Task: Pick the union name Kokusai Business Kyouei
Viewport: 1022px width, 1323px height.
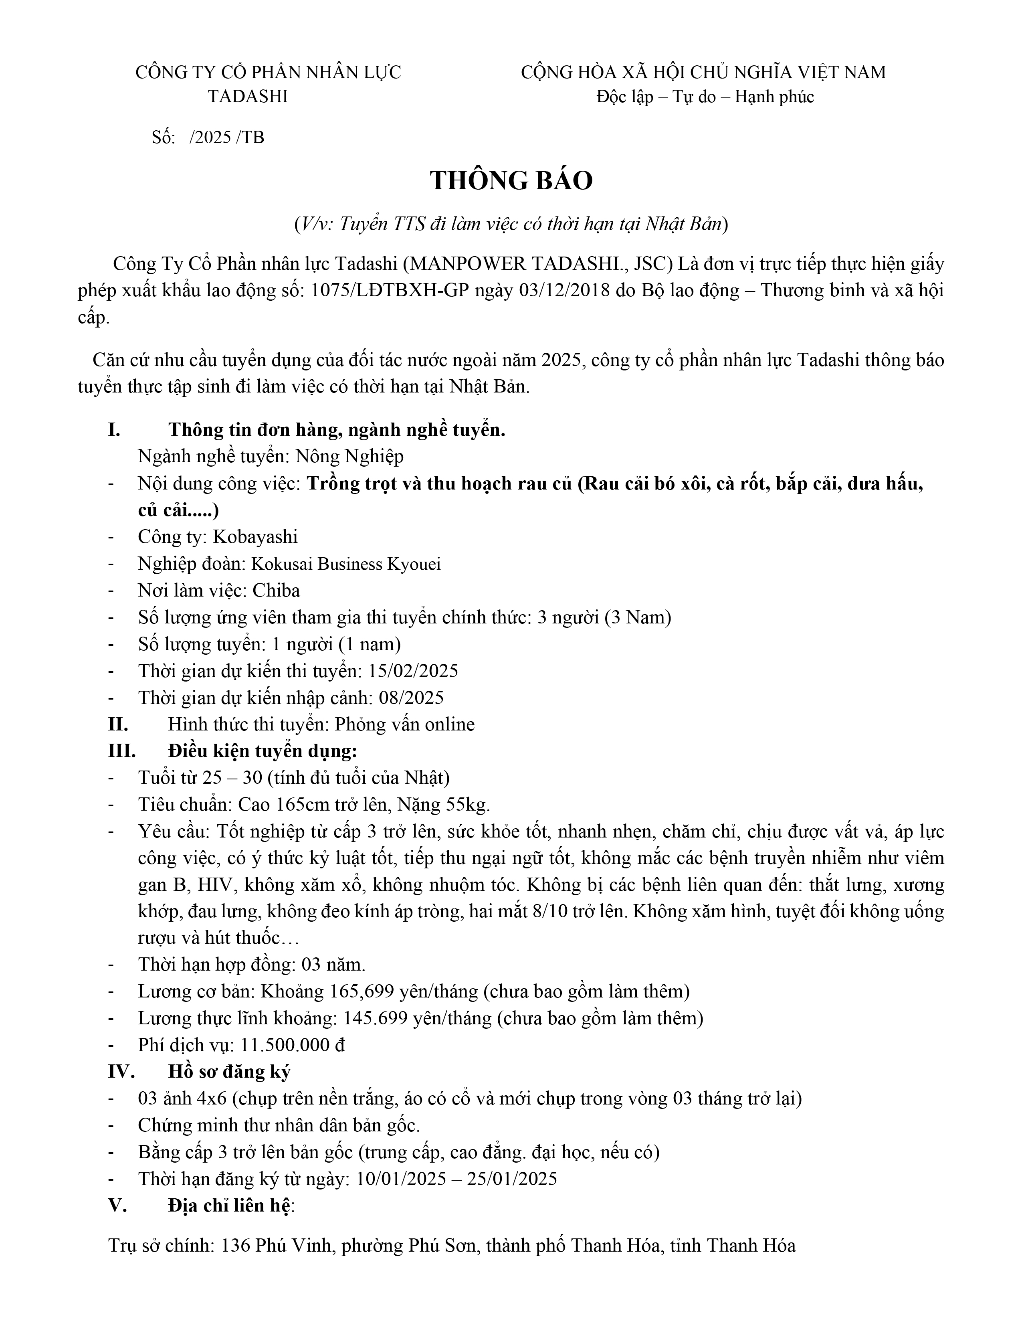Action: [x=346, y=564]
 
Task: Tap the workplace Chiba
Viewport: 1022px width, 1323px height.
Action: [x=276, y=591]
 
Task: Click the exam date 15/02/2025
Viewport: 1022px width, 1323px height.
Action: [x=408, y=671]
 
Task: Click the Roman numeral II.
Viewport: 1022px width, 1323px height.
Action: [x=118, y=724]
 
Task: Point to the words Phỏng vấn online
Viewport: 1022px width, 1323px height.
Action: [x=404, y=724]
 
